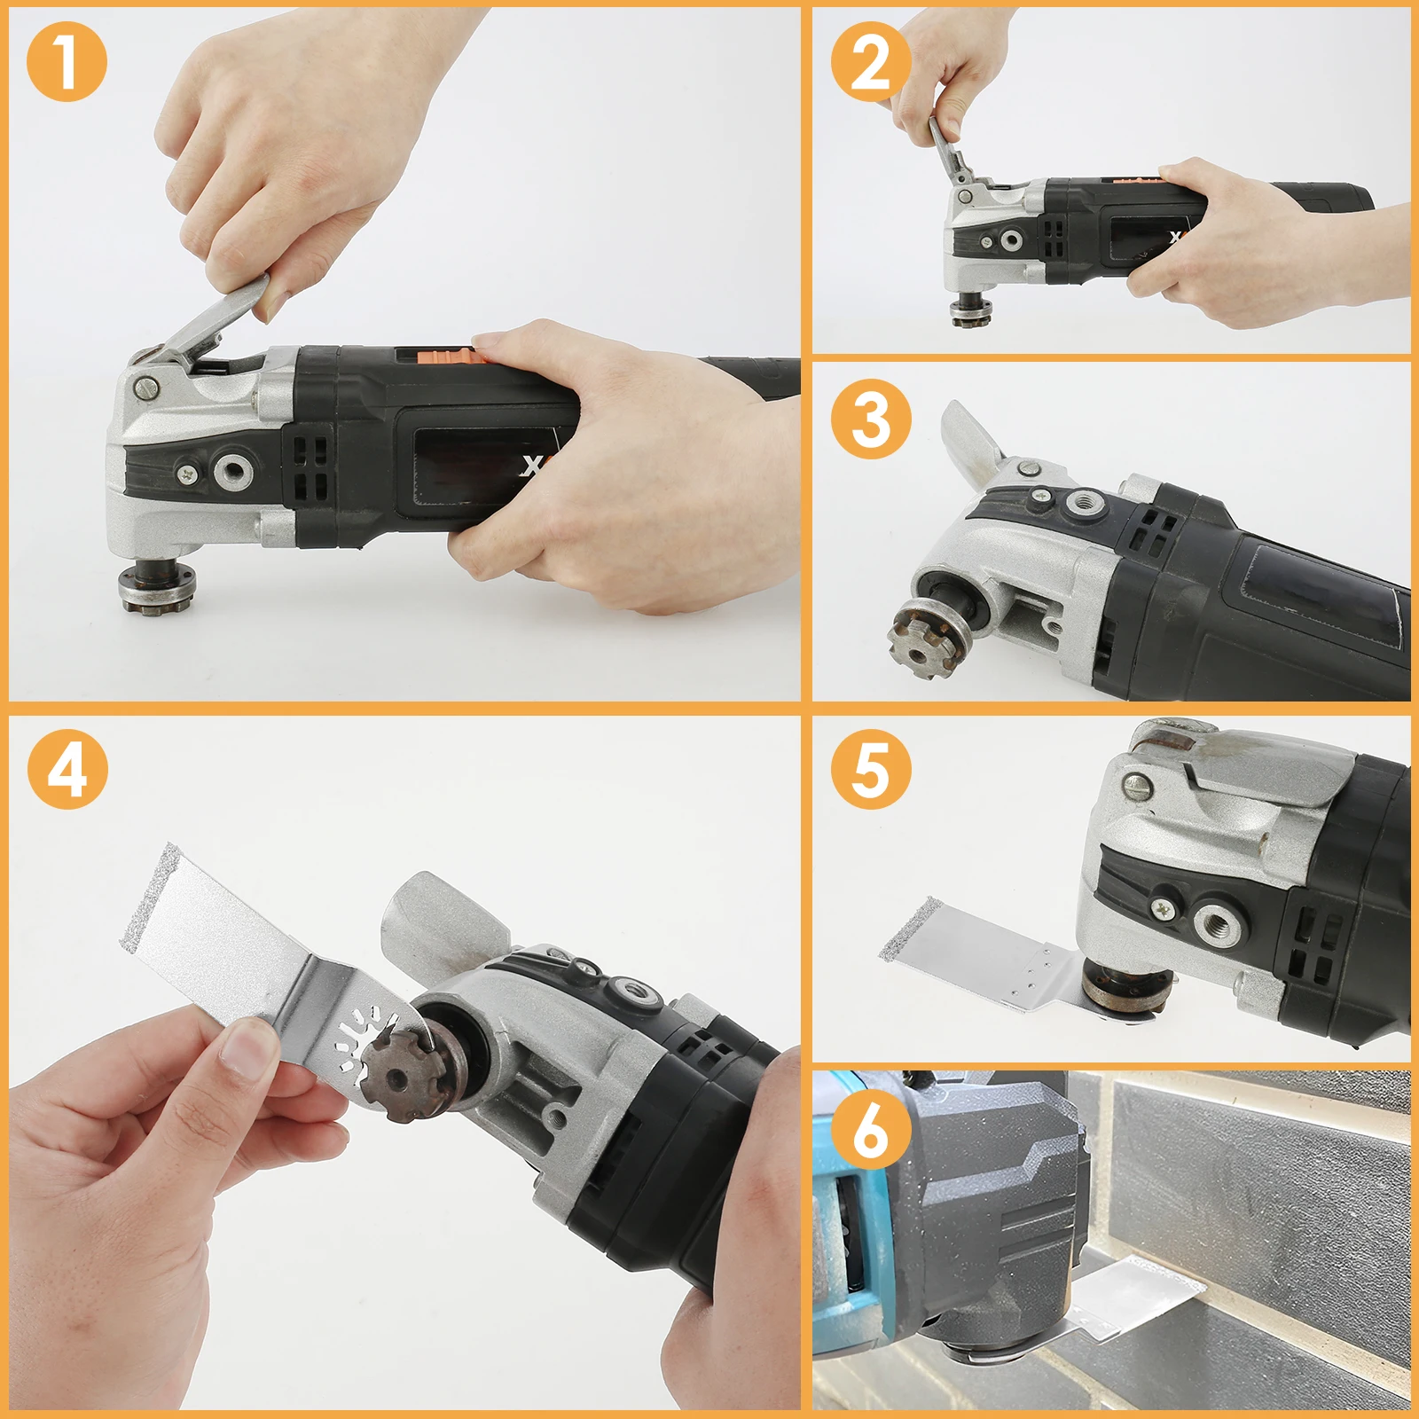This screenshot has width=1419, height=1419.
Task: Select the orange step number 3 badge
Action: pyautogui.click(x=871, y=419)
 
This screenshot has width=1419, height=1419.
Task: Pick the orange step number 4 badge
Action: pyautogui.click(x=67, y=768)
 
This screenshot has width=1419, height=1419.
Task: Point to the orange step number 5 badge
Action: pyautogui.click(x=871, y=768)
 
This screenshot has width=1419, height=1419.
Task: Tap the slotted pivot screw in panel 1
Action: pyautogui.click(x=146, y=388)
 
